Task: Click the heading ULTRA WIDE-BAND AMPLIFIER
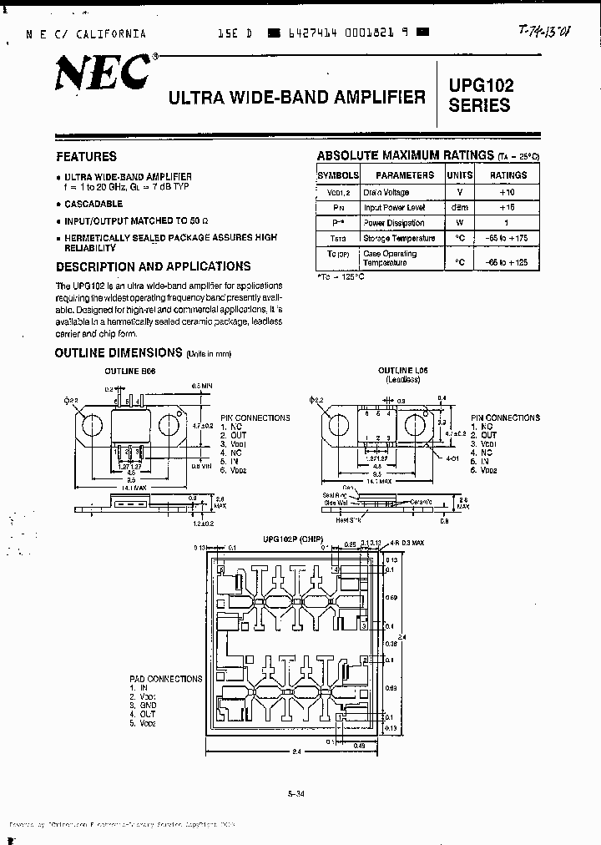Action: coord(297,97)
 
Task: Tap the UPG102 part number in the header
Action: coord(481,85)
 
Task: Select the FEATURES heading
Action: coord(86,156)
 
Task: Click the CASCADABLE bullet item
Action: coord(93,204)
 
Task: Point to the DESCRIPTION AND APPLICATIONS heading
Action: coord(153,266)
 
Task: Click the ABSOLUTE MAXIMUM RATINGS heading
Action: coord(405,155)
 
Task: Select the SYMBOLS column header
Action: coord(337,175)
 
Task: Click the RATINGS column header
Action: coord(508,175)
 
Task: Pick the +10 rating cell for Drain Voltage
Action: coord(508,192)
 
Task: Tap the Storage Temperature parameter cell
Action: coord(399,238)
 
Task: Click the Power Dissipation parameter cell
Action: coord(394,223)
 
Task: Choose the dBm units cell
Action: coord(459,207)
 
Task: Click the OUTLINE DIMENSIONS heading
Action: coord(118,352)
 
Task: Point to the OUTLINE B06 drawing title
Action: coord(129,370)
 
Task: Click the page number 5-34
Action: coord(296,794)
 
